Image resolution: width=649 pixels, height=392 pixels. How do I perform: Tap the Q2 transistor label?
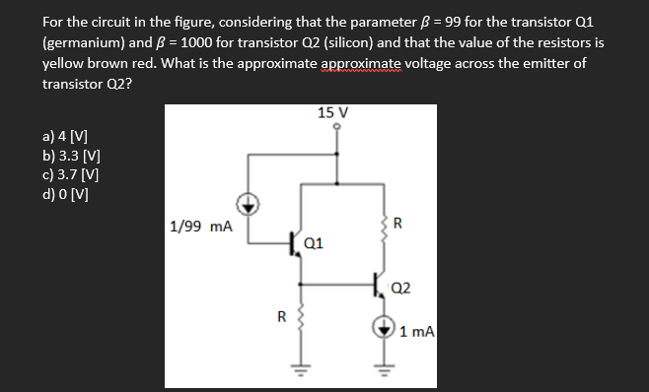click(x=402, y=288)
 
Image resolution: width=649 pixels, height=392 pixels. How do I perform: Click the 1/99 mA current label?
click(x=201, y=227)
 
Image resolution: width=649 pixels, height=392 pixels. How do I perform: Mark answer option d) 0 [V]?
click(x=67, y=192)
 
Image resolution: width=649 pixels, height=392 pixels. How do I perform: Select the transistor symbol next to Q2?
click(x=382, y=287)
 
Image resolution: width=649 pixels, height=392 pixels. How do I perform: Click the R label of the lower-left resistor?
click(x=280, y=317)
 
